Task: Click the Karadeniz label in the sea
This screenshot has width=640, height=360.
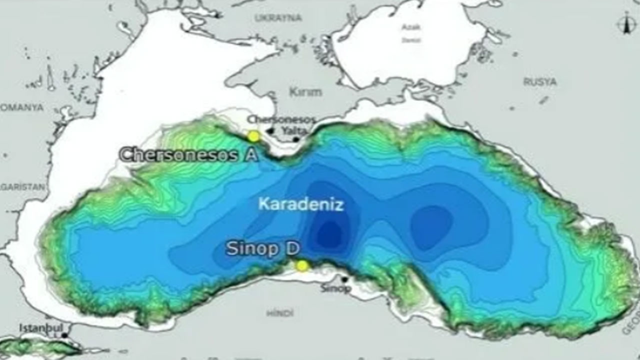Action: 301,204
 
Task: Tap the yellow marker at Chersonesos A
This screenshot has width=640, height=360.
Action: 254,136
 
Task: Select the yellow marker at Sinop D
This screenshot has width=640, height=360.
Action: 301,266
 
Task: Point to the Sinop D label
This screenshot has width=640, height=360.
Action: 262,248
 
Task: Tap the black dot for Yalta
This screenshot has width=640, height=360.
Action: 296,139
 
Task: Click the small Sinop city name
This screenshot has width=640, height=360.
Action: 335,288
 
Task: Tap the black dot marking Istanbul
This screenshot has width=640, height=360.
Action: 64,335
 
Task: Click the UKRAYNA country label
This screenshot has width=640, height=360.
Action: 278,18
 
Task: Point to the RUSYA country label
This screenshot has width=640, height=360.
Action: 540,82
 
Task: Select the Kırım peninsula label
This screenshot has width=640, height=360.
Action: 305,92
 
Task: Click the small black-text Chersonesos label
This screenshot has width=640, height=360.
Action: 281,119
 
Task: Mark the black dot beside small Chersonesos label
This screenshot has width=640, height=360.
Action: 270,131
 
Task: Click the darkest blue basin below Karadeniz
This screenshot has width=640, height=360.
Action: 329,232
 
